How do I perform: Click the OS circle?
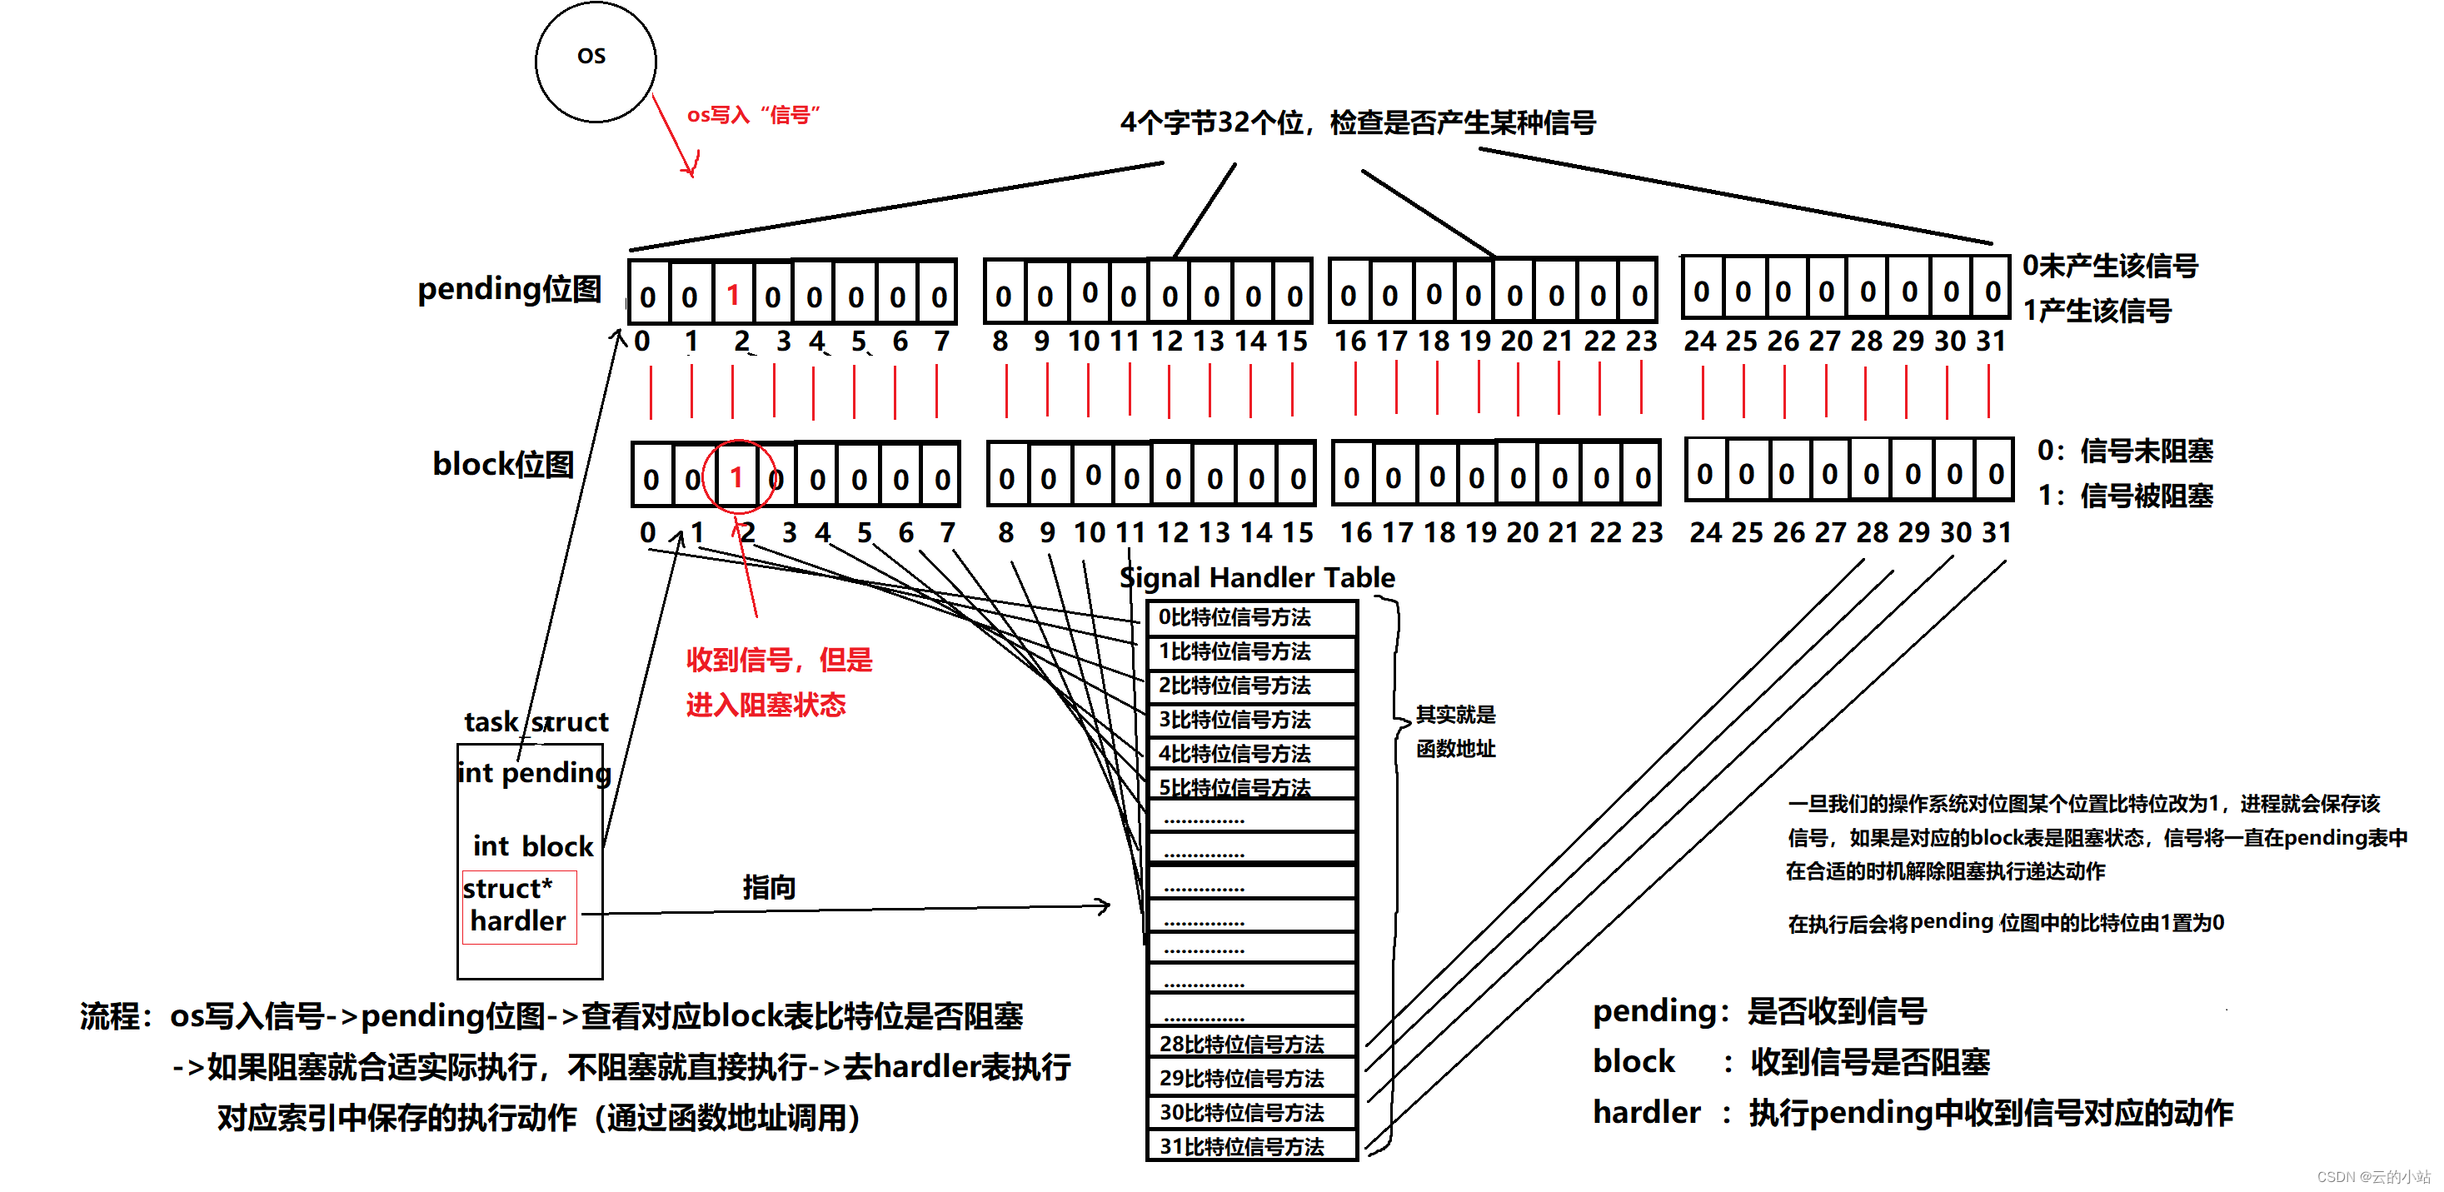click(595, 62)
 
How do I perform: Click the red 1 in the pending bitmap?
click(732, 295)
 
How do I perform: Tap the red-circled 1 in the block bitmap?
click(736, 476)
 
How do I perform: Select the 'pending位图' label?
click(510, 288)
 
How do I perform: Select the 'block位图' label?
click(503, 464)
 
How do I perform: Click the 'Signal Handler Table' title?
click(1257, 577)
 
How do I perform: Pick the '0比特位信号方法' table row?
click(1251, 618)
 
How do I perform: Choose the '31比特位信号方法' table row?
click(1251, 1146)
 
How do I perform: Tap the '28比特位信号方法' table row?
click(1251, 1044)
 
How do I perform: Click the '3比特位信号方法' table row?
click(1251, 720)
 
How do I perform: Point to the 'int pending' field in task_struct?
click(534, 772)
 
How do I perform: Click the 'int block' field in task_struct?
click(532, 845)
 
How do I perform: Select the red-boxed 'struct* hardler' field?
click(519, 906)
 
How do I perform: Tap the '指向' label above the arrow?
click(769, 887)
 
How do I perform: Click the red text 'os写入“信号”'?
click(753, 115)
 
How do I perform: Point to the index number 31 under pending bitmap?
click(1992, 341)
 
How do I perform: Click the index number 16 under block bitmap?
click(1356, 532)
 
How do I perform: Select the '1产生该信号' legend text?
click(2097, 311)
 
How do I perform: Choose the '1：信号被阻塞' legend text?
click(2125, 496)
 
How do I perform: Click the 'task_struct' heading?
click(536, 722)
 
